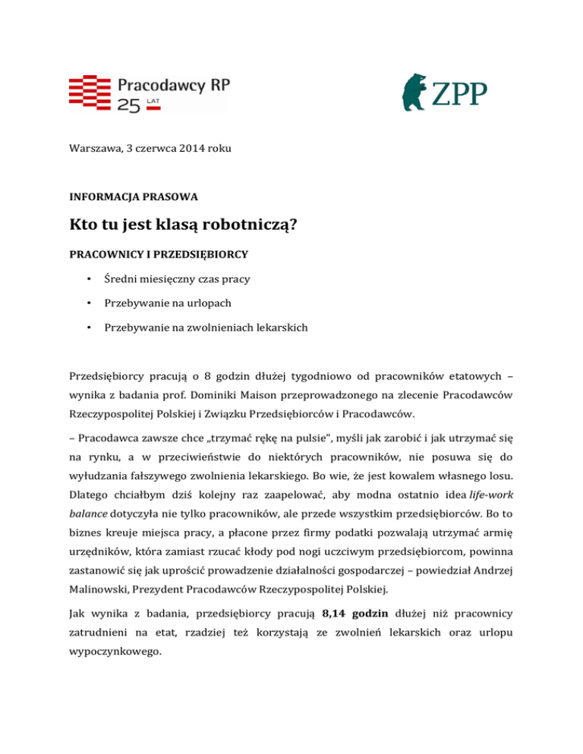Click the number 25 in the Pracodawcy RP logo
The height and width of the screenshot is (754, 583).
[x=128, y=107]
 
